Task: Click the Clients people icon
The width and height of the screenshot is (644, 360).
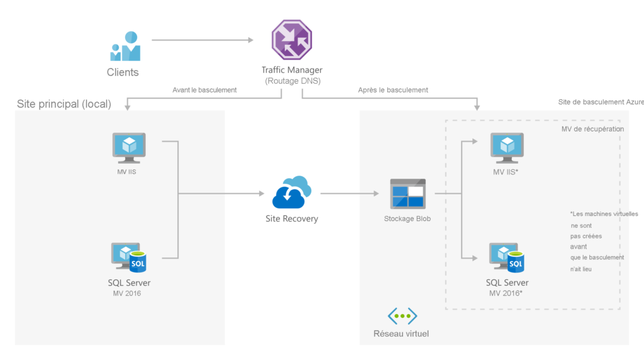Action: [x=125, y=46]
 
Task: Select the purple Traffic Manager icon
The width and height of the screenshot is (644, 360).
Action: [x=291, y=40]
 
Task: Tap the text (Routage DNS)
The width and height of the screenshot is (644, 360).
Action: [x=292, y=81]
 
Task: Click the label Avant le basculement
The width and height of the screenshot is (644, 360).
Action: [x=204, y=90]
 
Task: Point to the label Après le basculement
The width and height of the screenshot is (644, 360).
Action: [x=393, y=90]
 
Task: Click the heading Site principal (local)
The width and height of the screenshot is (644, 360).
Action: [x=64, y=104]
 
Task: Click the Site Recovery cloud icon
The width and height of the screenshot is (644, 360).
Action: [x=292, y=193]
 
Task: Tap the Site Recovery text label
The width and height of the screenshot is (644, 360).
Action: [x=292, y=219]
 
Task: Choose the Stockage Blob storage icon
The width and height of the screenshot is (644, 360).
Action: [x=408, y=194]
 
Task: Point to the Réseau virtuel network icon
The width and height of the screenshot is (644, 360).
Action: [x=402, y=316]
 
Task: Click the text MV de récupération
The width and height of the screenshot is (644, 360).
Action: [x=592, y=129]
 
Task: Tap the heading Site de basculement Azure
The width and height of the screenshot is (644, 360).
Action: [x=601, y=102]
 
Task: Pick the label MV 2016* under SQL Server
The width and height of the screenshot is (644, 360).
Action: [x=507, y=293]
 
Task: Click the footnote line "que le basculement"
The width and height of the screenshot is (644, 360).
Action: [x=597, y=257]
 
